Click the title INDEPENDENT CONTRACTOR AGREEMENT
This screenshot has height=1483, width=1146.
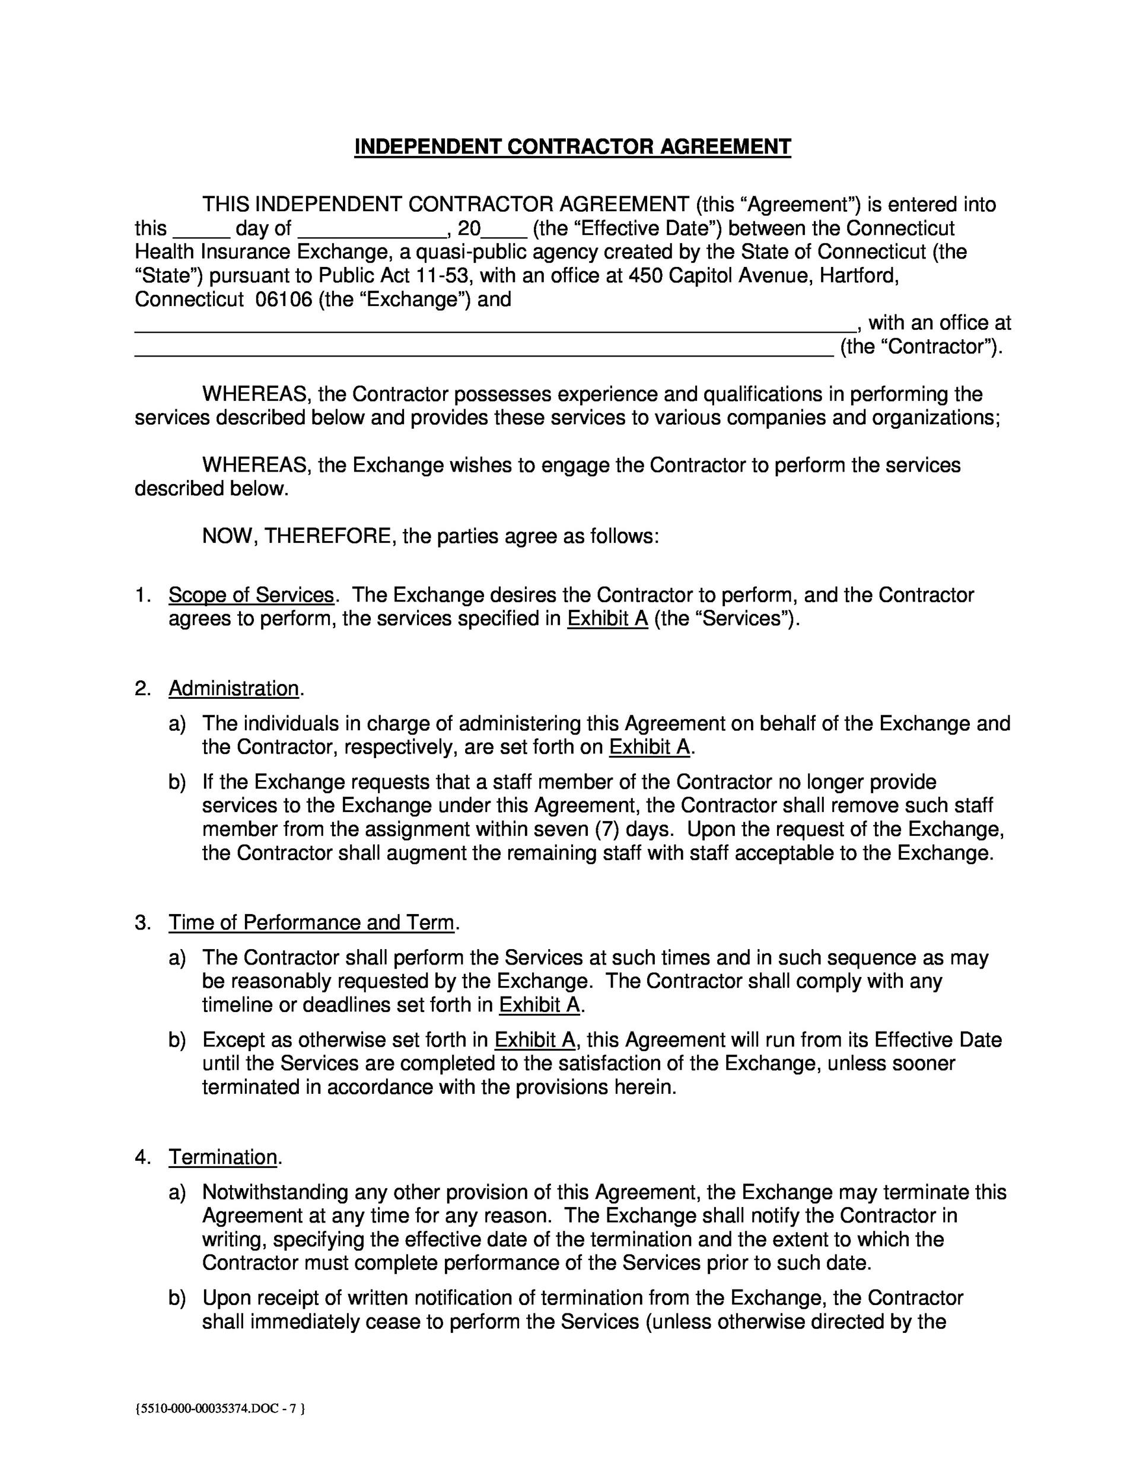(x=572, y=147)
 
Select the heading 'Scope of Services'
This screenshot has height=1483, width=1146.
(x=251, y=596)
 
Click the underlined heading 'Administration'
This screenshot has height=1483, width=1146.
(x=234, y=689)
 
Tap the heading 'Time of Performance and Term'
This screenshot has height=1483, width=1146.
(x=311, y=923)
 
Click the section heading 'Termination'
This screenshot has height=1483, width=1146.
(x=222, y=1157)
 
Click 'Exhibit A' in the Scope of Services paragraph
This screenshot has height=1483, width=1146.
(x=607, y=619)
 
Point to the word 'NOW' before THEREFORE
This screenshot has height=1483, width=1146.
(x=227, y=537)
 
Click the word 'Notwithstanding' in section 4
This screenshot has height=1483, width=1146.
(x=275, y=1192)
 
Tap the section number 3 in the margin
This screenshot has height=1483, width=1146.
(x=141, y=923)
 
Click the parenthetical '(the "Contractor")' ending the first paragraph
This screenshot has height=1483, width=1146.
(x=921, y=347)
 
